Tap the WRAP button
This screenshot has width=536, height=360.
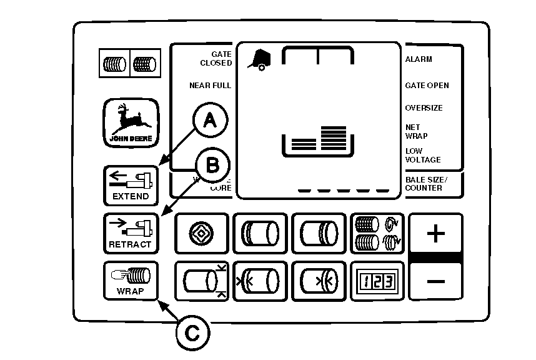[x=130, y=281]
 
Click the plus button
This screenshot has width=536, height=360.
[x=435, y=234]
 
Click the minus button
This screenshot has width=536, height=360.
[x=435, y=281]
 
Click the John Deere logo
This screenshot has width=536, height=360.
[x=131, y=123]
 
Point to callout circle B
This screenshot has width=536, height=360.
[x=212, y=166]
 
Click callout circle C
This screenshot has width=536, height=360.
[x=192, y=333]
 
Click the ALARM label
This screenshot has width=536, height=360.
[x=419, y=59]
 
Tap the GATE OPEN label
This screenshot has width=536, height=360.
[x=427, y=86]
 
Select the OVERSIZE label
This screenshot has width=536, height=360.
[x=424, y=108]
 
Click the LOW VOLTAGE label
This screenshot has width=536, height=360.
[x=422, y=155]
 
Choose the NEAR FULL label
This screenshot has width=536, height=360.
[x=210, y=86]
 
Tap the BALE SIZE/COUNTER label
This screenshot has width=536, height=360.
[x=424, y=184]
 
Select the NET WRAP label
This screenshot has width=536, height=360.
[x=417, y=131]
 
